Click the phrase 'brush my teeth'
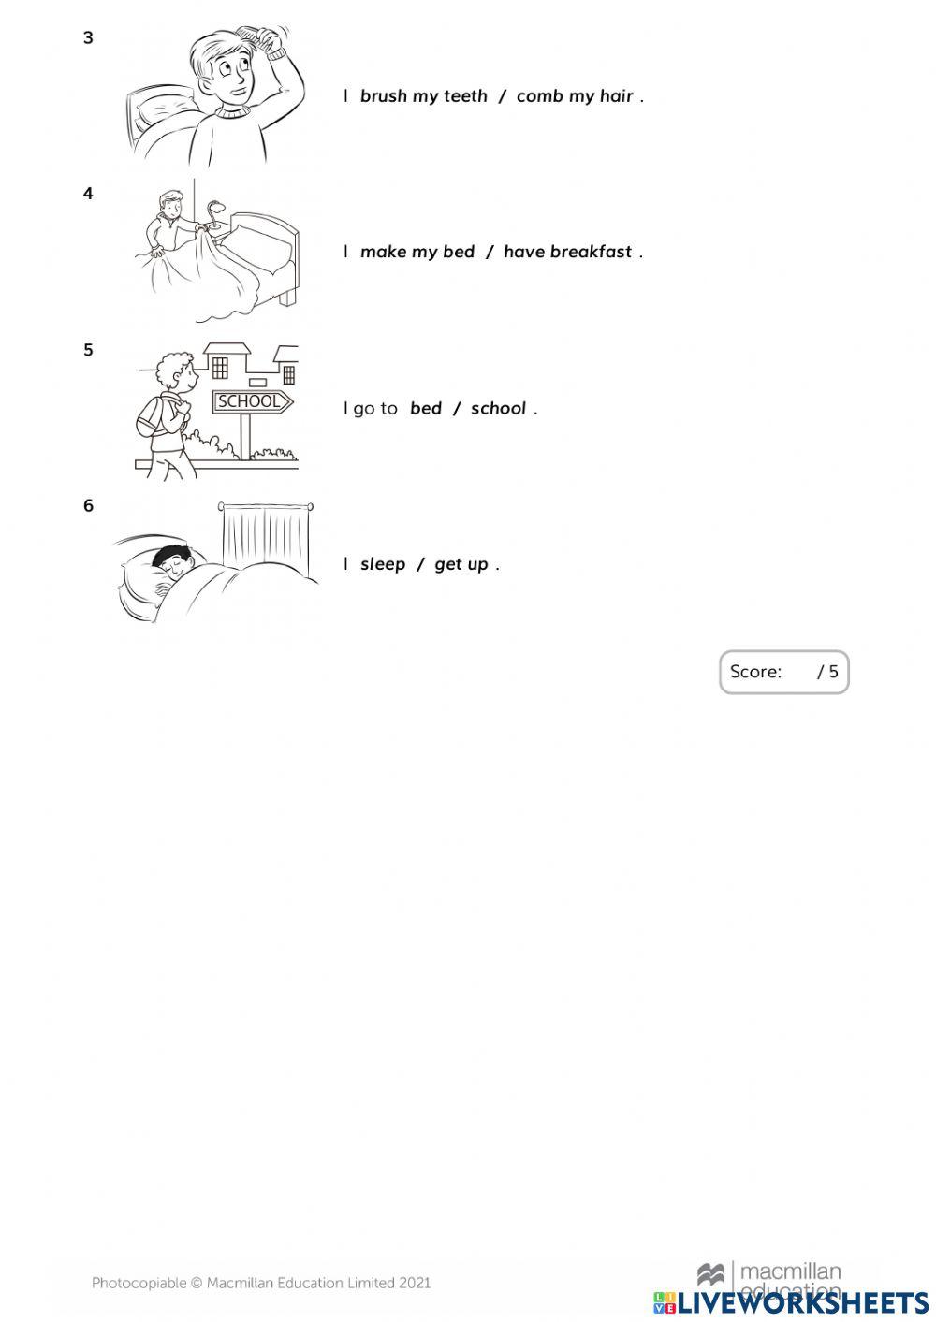(x=424, y=96)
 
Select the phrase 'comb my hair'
(x=575, y=96)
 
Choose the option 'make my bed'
(x=417, y=253)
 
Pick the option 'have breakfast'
(x=568, y=253)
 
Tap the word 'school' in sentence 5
(x=498, y=409)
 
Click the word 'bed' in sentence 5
(x=426, y=409)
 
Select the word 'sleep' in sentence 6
(x=383, y=564)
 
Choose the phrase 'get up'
(x=461, y=564)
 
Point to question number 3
(x=89, y=38)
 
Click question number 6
(x=89, y=506)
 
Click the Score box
(x=783, y=672)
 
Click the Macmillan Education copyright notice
(x=261, y=1284)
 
